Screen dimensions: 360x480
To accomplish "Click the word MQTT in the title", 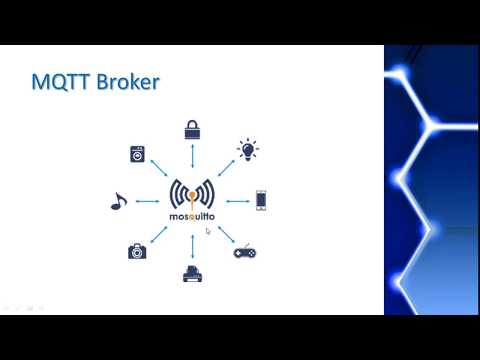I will point(61,83).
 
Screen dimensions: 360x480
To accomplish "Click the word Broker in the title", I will point(128,83).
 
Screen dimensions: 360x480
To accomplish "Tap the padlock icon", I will point(192,129).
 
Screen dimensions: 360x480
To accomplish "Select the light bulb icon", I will point(247,151).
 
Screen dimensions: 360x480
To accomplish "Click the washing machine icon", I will point(137,154).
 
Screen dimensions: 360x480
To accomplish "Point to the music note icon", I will point(117,201).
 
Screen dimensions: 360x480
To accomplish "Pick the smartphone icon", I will point(261,200).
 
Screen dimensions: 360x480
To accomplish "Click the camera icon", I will point(137,251).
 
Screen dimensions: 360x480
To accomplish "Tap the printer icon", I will point(192,273).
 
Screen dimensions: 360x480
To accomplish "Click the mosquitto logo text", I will point(192,215).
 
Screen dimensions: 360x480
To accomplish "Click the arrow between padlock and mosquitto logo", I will point(192,157).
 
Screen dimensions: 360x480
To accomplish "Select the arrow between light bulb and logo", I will point(225,169).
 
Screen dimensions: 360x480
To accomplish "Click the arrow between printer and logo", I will point(192,244).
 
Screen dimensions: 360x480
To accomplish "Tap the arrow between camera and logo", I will point(158,234).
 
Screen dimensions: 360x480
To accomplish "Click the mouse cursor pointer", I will point(208,231).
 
